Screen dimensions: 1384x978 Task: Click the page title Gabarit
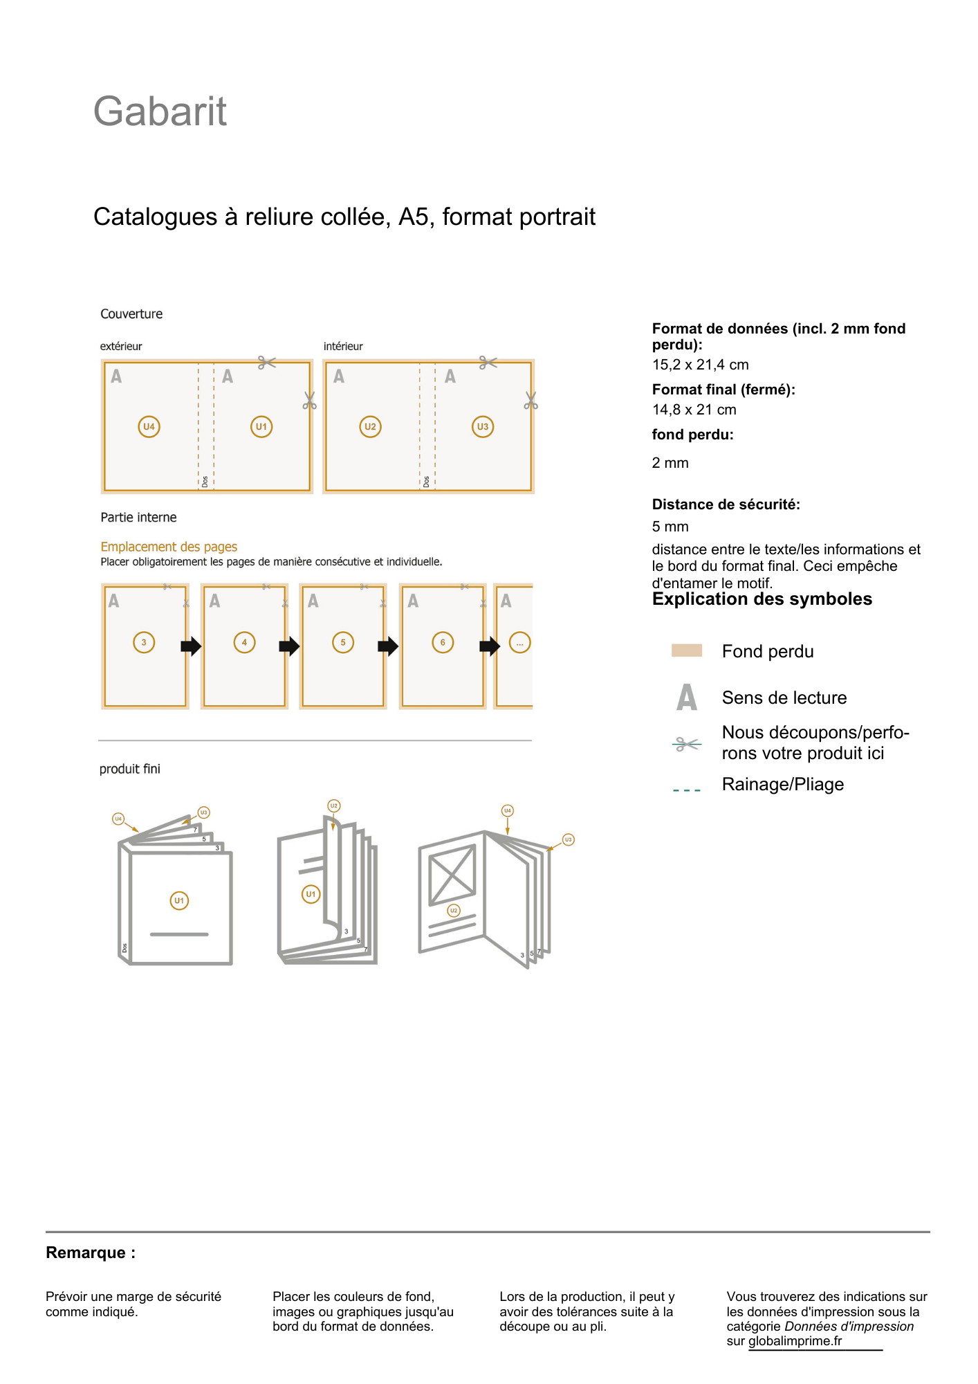tap(160, 111)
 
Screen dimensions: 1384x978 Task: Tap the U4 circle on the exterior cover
tap(149, 426)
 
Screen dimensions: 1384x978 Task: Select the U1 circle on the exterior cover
tap(261, 426)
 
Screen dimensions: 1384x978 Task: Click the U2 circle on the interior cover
tap(370, 426)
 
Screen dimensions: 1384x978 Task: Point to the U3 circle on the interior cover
tap(482, 426)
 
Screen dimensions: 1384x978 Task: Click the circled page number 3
tap(144, 642)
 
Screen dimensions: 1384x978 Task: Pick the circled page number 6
tap(443, 642)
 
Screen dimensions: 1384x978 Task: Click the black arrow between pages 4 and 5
tap(289, 646)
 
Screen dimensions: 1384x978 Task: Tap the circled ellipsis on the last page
tap(519, 642)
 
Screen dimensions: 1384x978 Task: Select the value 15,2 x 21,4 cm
tap(700, 365)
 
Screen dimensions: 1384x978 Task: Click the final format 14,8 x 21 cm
tap(694, 410)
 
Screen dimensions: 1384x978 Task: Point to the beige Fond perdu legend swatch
tap(686, 650)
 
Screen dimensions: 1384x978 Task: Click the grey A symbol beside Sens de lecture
tap(686, 697)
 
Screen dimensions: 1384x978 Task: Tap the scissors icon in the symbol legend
tap(686, 744)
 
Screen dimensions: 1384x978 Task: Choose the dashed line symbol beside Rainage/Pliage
tap(686, 790)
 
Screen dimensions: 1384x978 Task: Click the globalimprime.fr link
tap(795, 1341)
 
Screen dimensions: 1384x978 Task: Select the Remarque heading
tap(91, 1253)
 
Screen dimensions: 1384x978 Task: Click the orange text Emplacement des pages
tap(169, 547)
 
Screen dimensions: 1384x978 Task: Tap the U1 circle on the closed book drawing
tap(179, 900)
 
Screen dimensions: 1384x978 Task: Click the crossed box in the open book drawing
tap(452, 875)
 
